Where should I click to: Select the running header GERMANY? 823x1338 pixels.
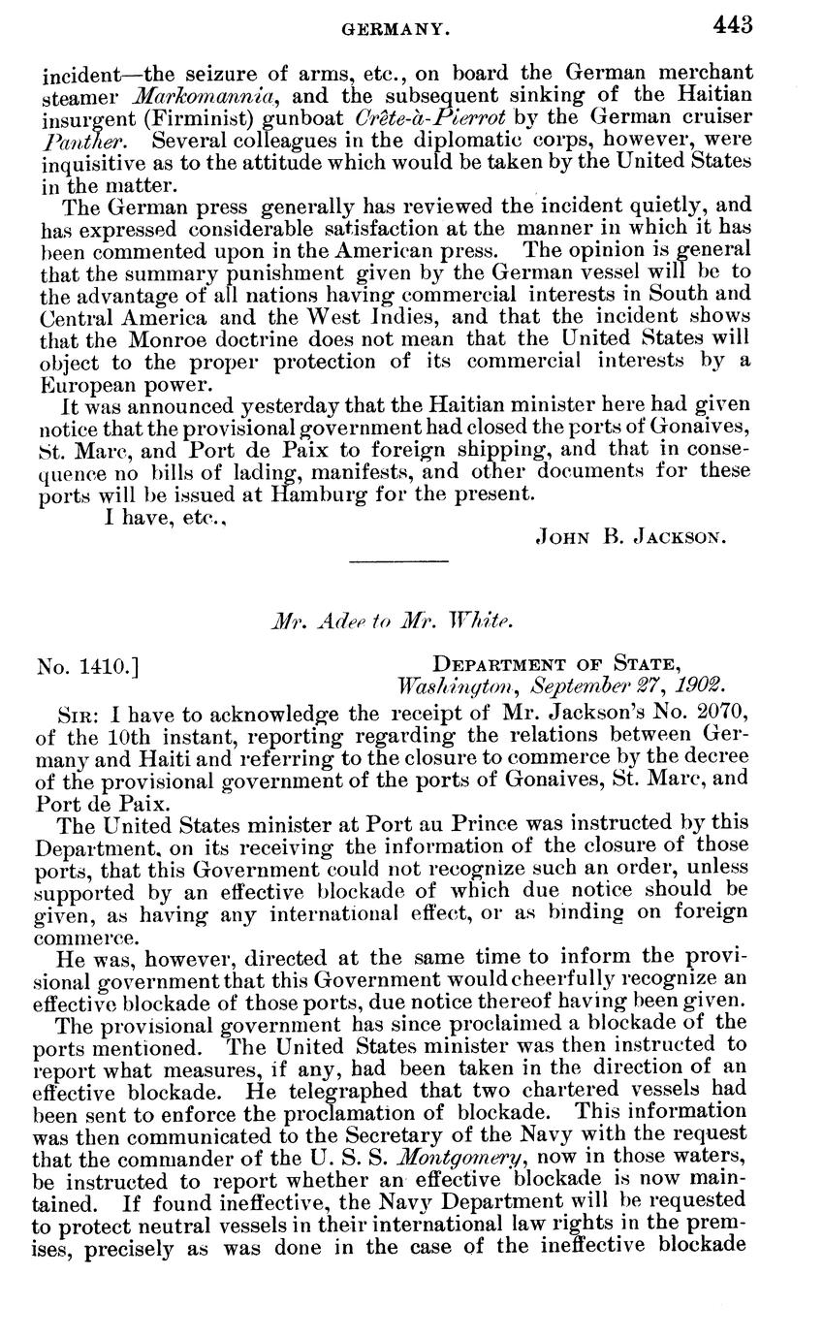pyautogui.click(x=397, y=30)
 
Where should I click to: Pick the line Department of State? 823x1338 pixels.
pyautogui.click(x=556, y=664)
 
